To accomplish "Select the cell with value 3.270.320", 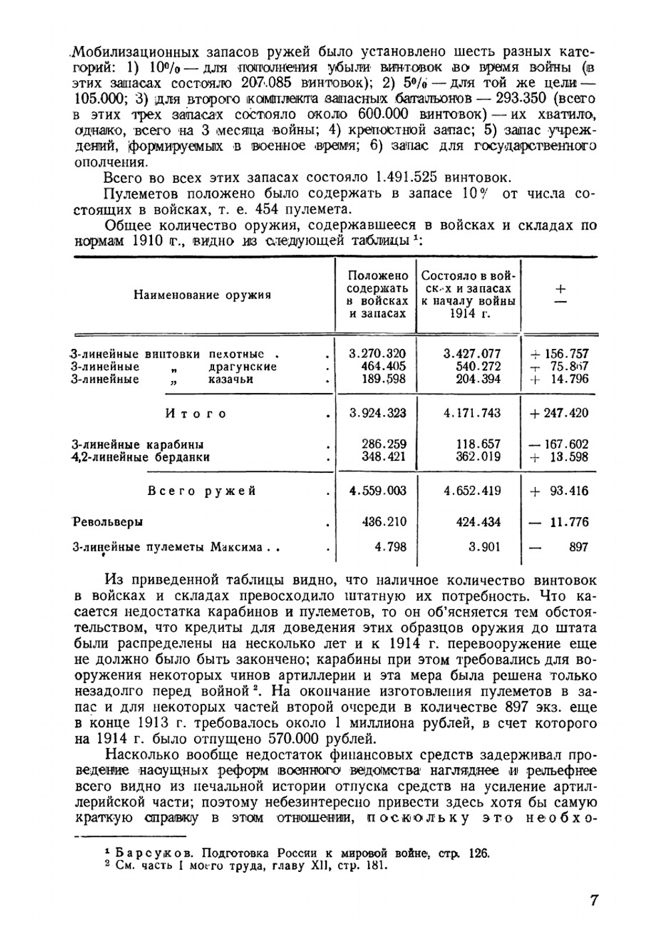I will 378,354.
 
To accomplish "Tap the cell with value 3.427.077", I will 472,354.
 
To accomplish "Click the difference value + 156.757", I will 559,354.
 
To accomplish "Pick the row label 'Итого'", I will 195,414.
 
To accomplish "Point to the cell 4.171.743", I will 472,413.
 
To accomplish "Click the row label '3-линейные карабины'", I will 138,444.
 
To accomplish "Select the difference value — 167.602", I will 559,444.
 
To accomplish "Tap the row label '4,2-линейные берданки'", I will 141,457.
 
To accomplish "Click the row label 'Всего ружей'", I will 201,491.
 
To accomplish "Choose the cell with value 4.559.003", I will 378,491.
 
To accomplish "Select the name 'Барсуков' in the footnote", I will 145,853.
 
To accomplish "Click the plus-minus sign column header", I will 560,294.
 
